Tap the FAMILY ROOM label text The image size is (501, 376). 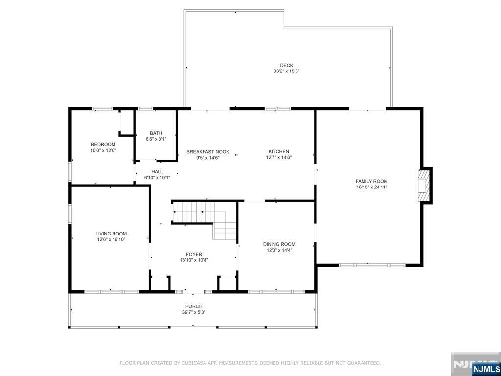pos(372,181)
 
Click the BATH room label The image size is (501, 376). pos(156,133)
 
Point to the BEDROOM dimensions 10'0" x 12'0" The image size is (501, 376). pos(103,150)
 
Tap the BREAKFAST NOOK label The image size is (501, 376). pos(208,152)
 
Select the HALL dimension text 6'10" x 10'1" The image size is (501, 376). pos(157,177)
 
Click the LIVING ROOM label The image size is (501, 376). pos(111,234)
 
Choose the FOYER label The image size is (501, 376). pos(194,255)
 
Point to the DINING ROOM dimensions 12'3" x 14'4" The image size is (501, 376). pos(279,250)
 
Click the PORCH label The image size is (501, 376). pos(194,306)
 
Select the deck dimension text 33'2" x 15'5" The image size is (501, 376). pos(286,71)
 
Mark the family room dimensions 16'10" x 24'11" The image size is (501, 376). pos(372,188)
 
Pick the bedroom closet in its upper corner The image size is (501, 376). pos(127,123)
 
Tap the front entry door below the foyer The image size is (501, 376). pos(194,292)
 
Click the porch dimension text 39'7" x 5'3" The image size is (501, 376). pos(194,312)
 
